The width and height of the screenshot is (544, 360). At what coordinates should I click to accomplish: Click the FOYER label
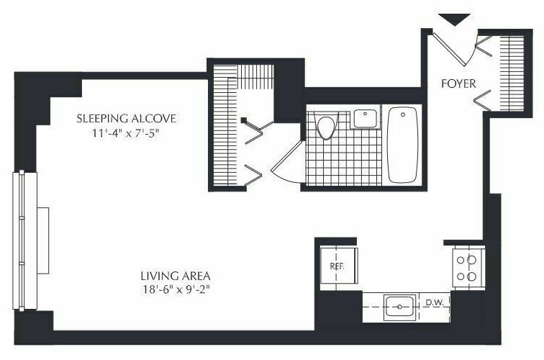click(458, 84)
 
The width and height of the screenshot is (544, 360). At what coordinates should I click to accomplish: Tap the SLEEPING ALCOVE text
click(127, 118)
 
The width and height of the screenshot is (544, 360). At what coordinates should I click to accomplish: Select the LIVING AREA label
click(176, 276)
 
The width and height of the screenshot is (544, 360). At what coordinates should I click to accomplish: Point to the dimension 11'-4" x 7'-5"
click(126, 133)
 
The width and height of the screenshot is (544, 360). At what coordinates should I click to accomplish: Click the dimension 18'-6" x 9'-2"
click(176, 289)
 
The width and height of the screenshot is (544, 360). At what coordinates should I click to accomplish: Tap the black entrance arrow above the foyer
click(455, 19)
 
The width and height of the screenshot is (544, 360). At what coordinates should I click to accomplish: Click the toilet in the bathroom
click(326, 126)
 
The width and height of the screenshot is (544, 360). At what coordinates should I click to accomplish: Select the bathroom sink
click(365, 118)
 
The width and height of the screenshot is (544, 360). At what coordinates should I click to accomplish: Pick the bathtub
click(403, 145)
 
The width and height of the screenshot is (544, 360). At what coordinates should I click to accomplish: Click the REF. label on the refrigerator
click(337, 266)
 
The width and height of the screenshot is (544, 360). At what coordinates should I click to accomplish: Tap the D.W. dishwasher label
click(435, 302)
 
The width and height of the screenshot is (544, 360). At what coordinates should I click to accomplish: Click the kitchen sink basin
click(399, 307)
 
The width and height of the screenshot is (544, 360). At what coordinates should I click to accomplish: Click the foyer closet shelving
click(512, 73)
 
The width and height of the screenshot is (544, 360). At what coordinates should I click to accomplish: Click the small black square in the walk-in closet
click(243, 120)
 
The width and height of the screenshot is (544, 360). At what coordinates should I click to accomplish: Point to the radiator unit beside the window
click(43, 240)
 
